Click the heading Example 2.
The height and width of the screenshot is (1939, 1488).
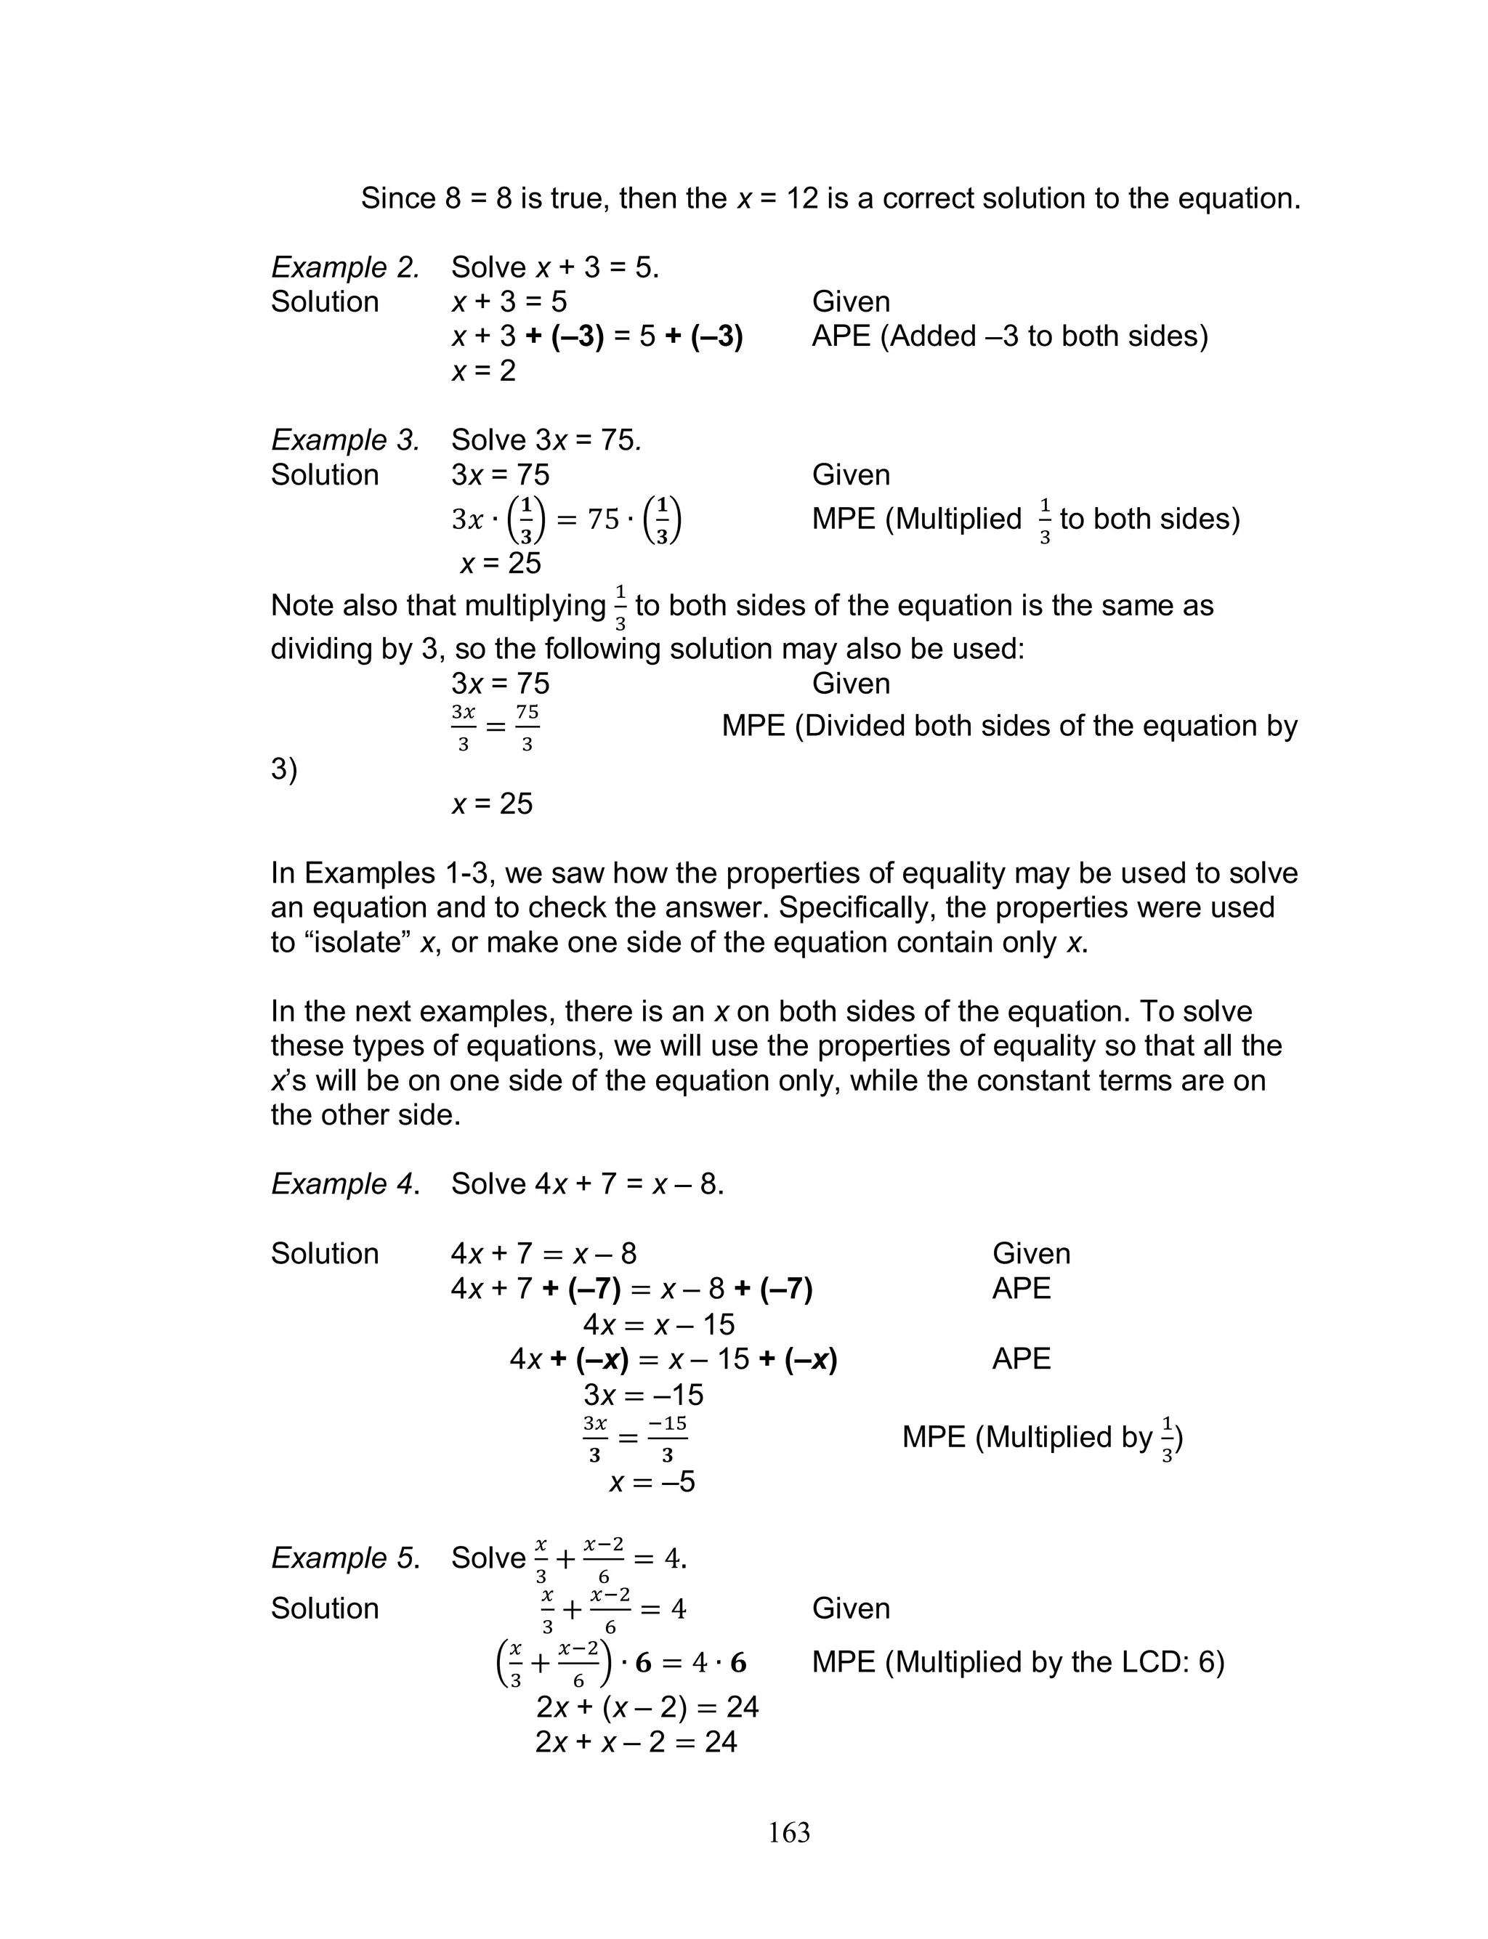point(344,267)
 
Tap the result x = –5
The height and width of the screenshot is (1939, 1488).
point(652,1481)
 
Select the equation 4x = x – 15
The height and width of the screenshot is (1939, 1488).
point(659,1324)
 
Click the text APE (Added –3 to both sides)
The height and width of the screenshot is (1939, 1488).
point(1010,336)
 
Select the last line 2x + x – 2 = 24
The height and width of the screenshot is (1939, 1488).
point(636,1741)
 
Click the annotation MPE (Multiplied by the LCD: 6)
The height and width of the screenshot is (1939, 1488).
point(1018,1662)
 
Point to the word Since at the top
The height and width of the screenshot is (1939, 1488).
point(397,198)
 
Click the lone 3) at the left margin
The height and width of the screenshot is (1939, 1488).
point(283,769)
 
